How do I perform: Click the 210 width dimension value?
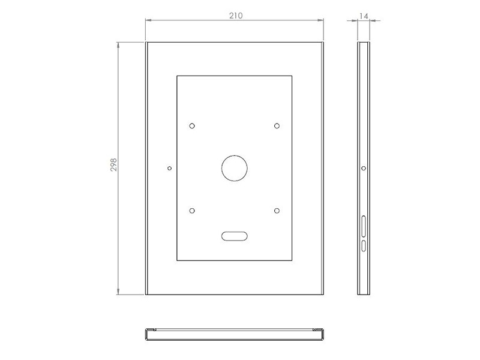235,16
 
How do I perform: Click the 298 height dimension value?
113,166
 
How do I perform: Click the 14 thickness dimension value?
363,16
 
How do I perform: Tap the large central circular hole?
235,169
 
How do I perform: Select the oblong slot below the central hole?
235,236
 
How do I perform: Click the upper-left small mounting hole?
192,126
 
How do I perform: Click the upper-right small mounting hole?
277,126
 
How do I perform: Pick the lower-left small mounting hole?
192,211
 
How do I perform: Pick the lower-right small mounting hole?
277,211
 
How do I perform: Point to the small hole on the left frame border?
170,169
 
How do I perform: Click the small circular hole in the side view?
364,169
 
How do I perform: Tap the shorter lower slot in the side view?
364,245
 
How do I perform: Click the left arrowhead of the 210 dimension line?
148,21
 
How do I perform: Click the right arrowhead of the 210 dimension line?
322,21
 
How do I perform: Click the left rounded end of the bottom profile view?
146,335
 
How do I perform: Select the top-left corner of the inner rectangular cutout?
177,76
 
